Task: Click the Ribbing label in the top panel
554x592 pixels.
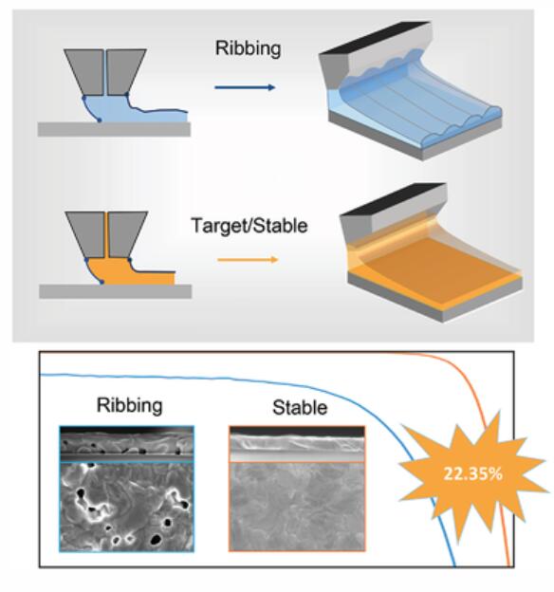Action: point(249,49)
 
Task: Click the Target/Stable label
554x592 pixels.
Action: point(249,226)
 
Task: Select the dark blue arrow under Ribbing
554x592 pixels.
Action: point(245,87)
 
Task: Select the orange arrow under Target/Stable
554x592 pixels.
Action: point(248,260)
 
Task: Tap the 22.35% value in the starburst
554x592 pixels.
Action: point(472,473)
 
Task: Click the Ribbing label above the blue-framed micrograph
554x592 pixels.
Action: point(130,406)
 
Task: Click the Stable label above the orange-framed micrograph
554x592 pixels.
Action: point(300,408)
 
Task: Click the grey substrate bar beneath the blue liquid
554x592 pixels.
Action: point(114,129)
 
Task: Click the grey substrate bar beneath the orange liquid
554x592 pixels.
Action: point(115,291)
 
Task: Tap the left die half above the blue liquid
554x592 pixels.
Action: point(85,71)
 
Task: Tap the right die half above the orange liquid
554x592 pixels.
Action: point(126,234)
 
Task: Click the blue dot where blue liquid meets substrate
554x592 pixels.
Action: point(100,120)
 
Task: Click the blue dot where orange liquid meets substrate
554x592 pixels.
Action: point(102,283)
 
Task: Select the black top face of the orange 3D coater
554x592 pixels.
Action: point(394,198)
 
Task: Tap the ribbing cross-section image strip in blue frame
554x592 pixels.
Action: point(127,444)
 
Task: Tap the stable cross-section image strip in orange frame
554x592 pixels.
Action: point(297,444)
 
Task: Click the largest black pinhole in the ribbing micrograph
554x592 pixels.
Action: point(155,540)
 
